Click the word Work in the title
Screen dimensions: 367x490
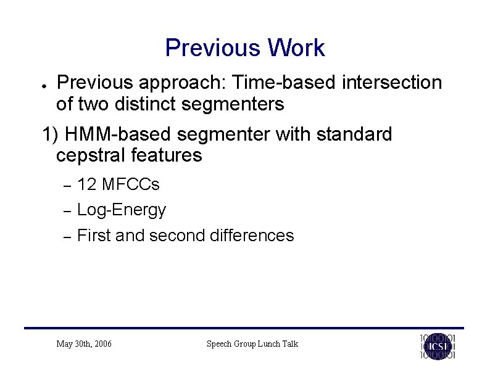coord(294,48)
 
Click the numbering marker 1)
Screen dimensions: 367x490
coord(50,134)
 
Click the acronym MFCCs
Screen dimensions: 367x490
coord(131,184)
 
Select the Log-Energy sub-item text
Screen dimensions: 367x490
coord(122,210)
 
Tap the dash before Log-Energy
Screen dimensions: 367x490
coord(69,211)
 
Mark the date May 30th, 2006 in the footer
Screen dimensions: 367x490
coord(84,344)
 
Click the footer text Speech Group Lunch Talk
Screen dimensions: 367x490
coord(252,344)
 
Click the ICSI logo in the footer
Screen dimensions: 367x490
coord(438,345)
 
